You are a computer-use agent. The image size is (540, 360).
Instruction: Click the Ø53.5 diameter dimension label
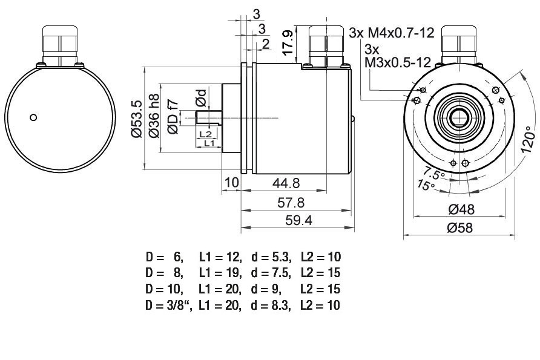pos(137,119)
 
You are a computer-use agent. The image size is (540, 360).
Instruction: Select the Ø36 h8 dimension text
pos(154,116)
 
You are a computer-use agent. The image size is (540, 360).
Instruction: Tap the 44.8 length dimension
pos(286,183)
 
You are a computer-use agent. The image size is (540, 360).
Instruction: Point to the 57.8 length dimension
pos(291,203)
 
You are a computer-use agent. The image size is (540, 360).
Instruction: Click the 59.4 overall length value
pos(298,220)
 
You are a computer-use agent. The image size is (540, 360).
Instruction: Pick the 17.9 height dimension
pos(288,42)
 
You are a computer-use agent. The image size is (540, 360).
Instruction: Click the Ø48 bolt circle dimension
pos(461,209)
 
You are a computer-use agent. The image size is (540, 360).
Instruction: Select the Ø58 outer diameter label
pos(459,227)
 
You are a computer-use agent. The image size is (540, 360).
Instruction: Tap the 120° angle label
pos(528,139)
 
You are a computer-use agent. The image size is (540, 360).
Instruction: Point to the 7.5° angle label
pos(434,173)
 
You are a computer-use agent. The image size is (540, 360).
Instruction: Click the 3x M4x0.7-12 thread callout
pos(392,33)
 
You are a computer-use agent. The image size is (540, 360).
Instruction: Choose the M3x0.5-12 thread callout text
pos(398,62)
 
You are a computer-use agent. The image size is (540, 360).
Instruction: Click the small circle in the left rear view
pos(33,117)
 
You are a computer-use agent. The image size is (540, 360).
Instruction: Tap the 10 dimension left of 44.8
pos(231,183)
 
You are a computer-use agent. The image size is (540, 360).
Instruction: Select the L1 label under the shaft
pos(209,143)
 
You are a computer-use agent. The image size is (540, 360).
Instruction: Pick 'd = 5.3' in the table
pos(271,257)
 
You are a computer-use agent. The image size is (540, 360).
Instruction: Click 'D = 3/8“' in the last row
pos(168,306)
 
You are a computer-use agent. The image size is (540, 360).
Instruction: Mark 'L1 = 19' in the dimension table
pos(220,273)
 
